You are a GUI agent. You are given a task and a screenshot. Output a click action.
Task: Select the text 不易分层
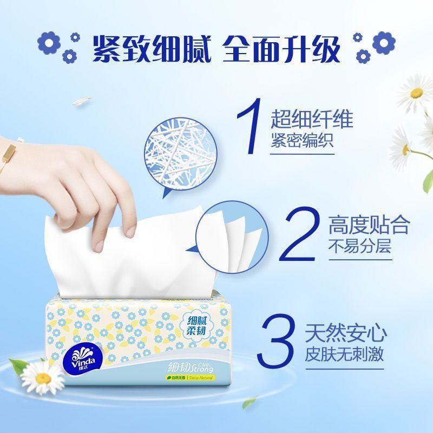pyautogui.click(x=360, y=247)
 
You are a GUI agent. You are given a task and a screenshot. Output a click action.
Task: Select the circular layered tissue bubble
pyautogui.click(x=227, y=235)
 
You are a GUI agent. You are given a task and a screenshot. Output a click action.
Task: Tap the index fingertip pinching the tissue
pyautogui.click(x=128, y=231)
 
